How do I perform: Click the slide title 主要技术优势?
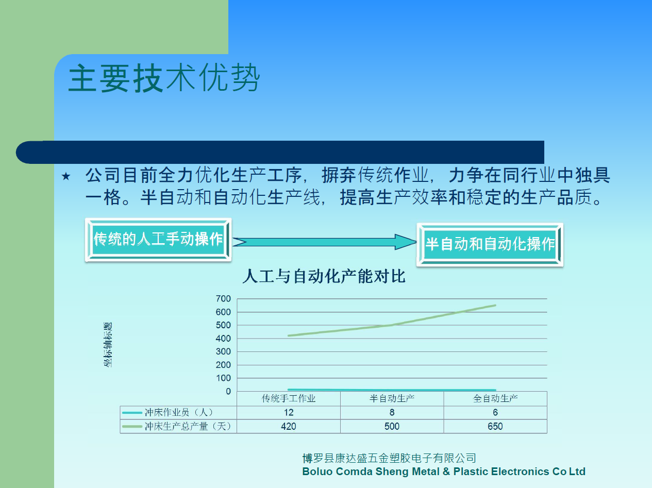tap(164, 78)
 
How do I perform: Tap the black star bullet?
tap(66, 176)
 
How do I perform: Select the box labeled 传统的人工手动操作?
tap(158, 240)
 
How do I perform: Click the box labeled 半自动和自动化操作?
tap(490, 245)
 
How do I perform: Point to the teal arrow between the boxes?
tap(324, 242)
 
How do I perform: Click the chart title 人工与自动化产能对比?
tap(324, 276)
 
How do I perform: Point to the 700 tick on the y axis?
tap(223, 298)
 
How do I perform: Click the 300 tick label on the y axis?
tap(223, 351)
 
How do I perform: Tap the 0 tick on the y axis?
tap(228, 391)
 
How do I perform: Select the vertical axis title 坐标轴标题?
tap(108, 345)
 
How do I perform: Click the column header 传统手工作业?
tap(289, 398)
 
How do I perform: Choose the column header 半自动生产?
tap(392, 398)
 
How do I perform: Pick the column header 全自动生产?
tap(495, 398)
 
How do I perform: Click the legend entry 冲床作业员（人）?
tap(168, 412)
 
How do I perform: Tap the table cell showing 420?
tap(289, 426)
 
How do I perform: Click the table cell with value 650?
tap(495, 426)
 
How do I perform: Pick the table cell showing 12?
tap(289, 412)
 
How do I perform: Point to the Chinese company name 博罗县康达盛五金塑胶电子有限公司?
tap(389, 458)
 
